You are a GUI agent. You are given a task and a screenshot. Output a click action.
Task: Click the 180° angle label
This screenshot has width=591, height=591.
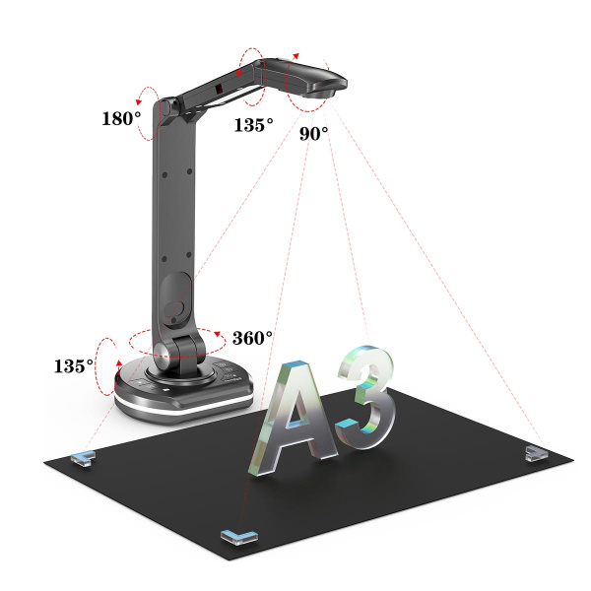tap(121, 118)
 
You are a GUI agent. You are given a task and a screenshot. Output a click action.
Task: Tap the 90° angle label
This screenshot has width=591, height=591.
tap(313, 133)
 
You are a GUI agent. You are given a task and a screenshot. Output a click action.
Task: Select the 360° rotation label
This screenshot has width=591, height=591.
tap(252, 338)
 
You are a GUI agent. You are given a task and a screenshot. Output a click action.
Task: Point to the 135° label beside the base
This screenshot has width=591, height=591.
tap(74, 366)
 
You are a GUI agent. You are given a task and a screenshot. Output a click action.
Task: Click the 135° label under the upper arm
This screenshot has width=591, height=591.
tap(254, 125)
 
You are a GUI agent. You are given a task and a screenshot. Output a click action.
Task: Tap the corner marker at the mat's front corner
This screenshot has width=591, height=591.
tap(239, 537)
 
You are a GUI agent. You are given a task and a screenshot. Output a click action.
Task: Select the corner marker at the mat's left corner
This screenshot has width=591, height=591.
tap(83, 458)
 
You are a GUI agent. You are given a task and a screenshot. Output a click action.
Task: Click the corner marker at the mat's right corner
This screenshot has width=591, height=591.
tap(535, 453)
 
